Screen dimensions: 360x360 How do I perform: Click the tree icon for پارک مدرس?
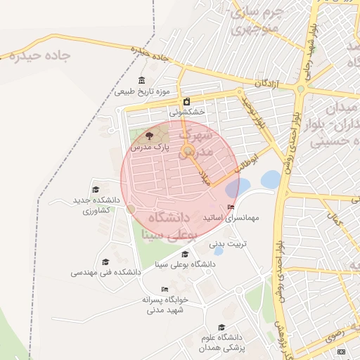click(148, 136)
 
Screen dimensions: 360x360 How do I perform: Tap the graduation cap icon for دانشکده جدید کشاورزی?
click(96, 189)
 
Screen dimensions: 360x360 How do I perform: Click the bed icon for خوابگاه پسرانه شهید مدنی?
click(165, 289)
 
